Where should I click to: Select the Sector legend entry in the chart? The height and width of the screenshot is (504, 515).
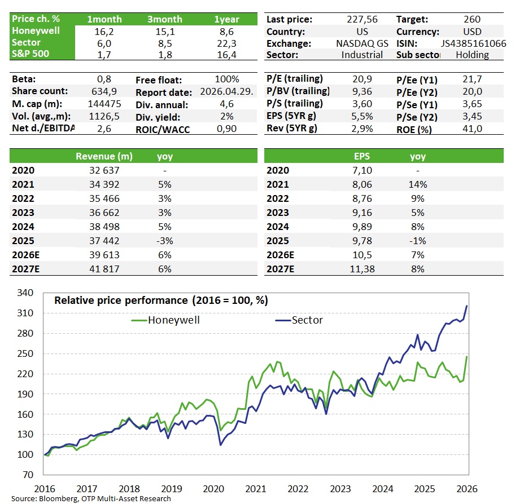pyautogui.click(x=307, y=320)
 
